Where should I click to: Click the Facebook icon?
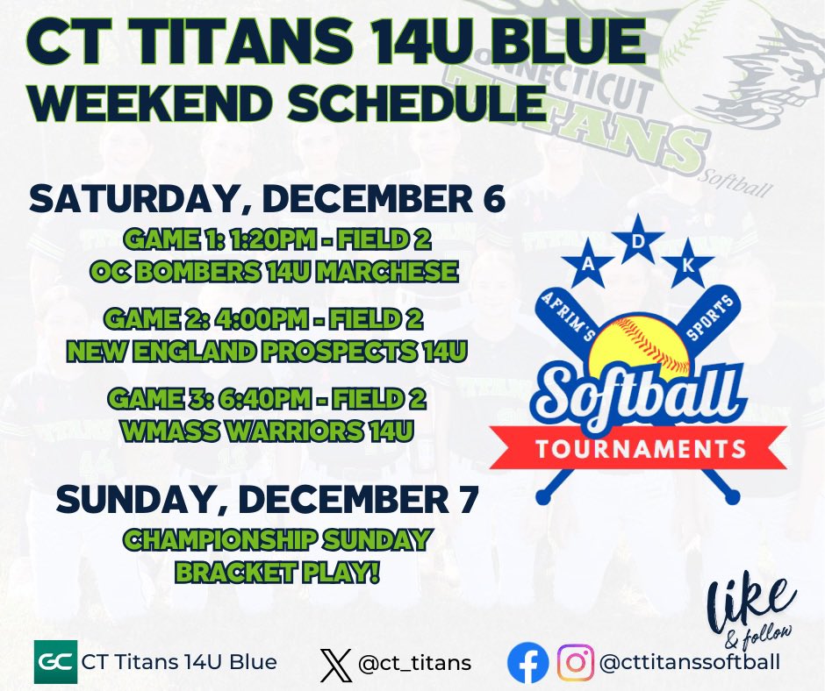click(x=528, y=662)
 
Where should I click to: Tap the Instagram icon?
click(x=575, y=662)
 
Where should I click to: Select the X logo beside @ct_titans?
click(x=335, y=663)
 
